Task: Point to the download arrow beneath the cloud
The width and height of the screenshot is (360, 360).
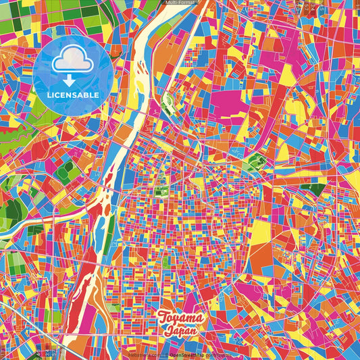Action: click(70, 79)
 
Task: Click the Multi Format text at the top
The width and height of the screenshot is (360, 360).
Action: click(180, 3)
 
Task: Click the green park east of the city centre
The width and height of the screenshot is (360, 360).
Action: click(255, 162)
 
